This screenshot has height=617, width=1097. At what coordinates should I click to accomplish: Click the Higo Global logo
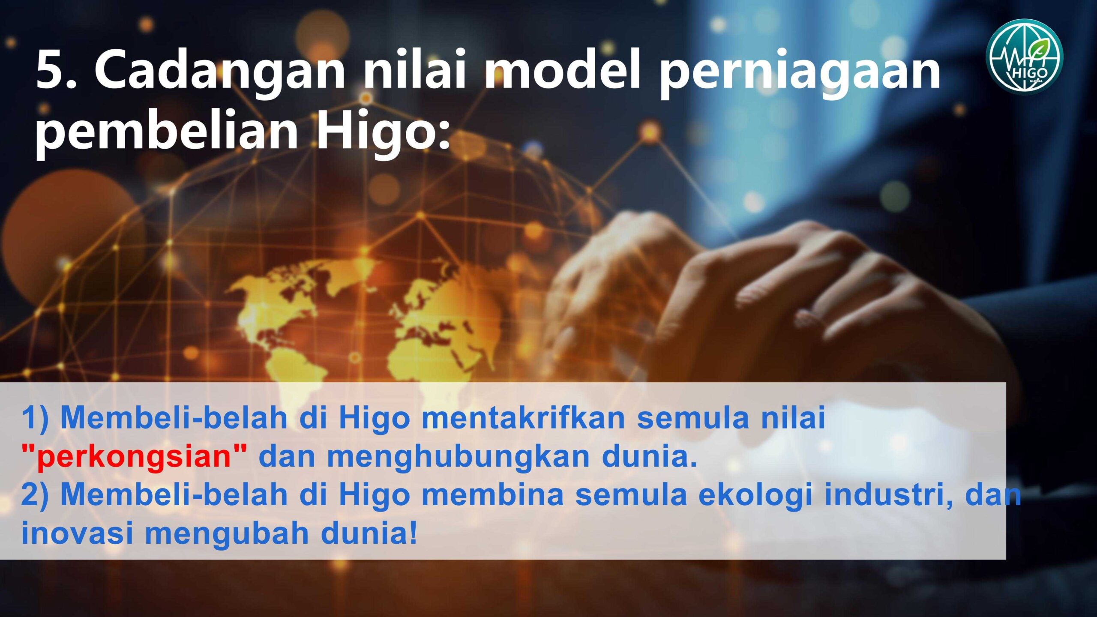1024,56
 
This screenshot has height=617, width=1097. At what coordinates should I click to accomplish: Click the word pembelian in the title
166,131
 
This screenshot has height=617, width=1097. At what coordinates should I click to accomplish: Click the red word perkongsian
134,456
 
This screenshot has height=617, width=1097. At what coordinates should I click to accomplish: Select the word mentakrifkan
524,417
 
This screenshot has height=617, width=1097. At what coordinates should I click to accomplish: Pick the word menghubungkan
459,457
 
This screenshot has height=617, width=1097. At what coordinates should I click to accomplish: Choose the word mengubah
227,534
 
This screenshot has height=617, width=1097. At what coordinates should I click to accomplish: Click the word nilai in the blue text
793,417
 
